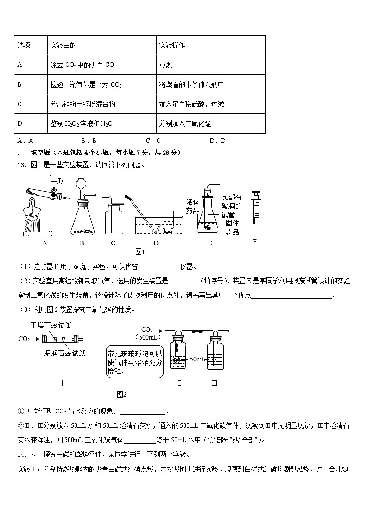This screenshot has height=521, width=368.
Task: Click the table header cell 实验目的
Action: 63,45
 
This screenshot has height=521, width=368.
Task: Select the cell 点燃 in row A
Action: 166,65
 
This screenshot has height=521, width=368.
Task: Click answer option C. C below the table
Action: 153,141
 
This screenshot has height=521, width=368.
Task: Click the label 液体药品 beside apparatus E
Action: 192,206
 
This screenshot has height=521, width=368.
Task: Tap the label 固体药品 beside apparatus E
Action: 232,227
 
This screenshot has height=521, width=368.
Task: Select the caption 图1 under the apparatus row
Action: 140,252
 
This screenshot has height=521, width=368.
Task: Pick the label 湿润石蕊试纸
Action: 64,354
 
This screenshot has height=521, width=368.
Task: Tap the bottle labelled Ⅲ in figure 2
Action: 215,357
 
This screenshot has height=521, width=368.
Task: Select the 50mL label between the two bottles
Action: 197,359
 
